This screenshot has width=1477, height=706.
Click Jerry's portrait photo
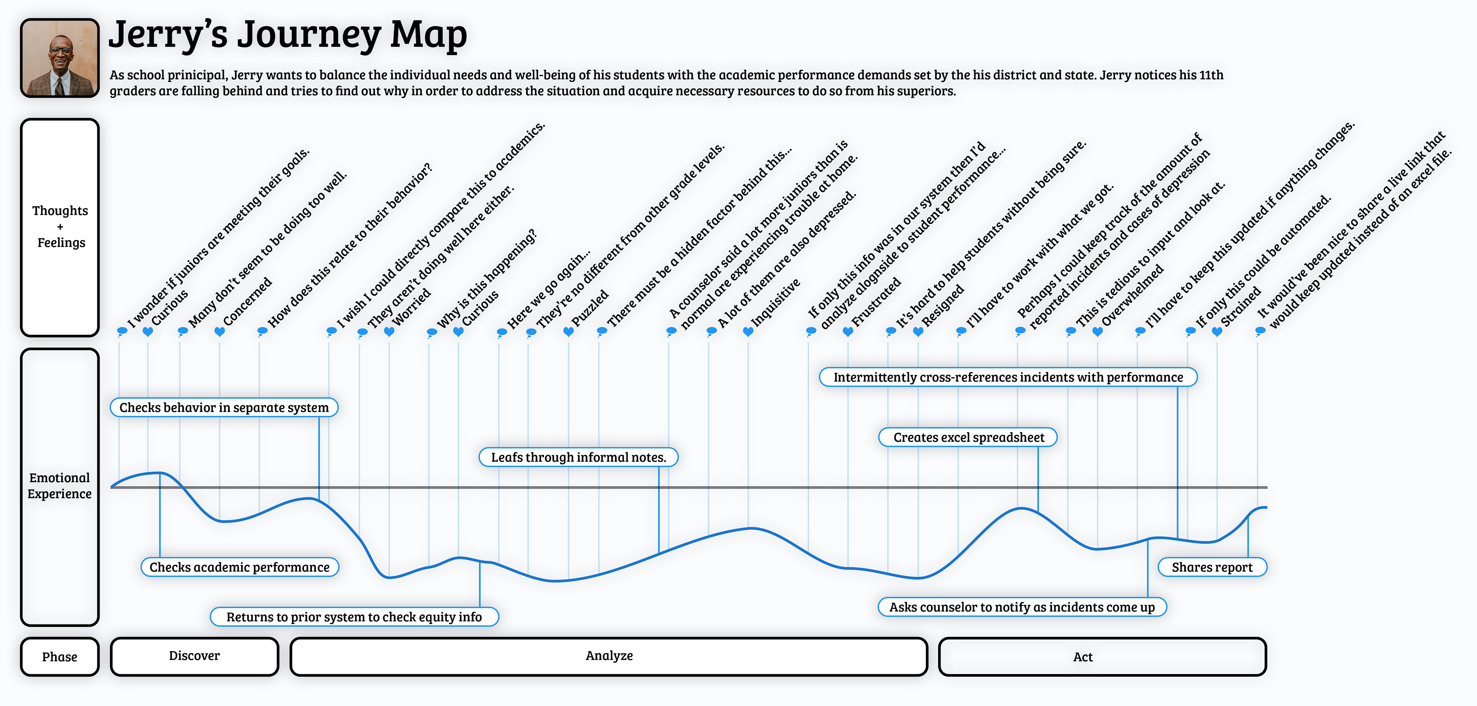[x=60, y=58]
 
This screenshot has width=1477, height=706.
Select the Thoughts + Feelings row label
[x=60, y=227]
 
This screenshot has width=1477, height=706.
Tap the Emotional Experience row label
[x=60, y=486]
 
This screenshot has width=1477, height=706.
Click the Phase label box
[x=60, y=657]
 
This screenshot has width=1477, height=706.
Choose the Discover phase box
[x=194, y=656]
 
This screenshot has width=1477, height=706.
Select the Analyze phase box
[x=608, y=656]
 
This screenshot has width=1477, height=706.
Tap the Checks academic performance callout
[x=240, y=567]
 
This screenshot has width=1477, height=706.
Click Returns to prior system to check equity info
[x=354, y=617]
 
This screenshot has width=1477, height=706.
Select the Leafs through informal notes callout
[x=578, y=457]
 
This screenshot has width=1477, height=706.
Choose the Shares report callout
[x=1212, y=567]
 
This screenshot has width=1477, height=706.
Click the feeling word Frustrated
[x=876, y=302]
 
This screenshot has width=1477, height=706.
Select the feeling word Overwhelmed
[x=1132, y=296]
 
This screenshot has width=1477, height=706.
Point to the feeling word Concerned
[x=247, y=302]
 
